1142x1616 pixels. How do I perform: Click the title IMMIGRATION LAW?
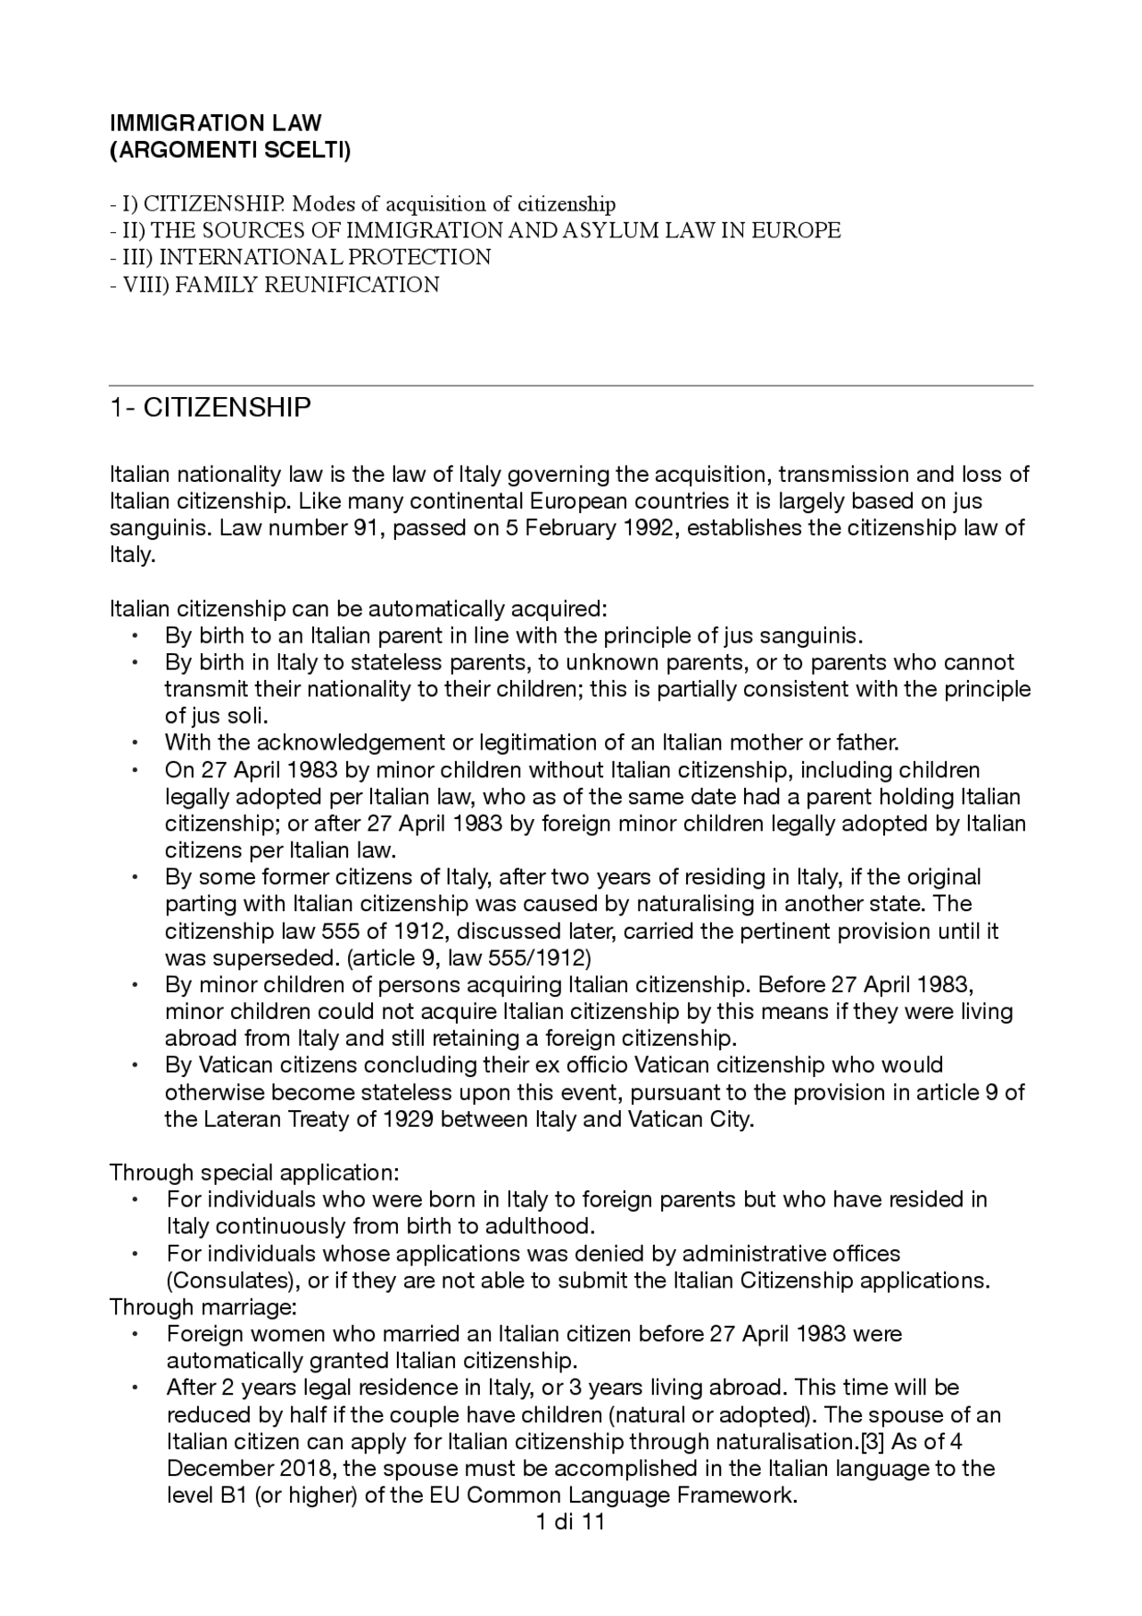[215, 122]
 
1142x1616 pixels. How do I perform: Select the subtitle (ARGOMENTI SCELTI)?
[230, 150]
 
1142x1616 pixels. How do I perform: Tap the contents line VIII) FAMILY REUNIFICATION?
[275, 285]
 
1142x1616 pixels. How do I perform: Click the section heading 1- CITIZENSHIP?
[211, 408]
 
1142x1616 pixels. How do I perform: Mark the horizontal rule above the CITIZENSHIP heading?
[571, 385]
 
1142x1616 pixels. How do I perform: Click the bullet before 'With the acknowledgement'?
[134, 743]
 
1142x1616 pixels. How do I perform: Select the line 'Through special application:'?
[254, 1172]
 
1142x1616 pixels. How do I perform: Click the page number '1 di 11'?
[571, 1521]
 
